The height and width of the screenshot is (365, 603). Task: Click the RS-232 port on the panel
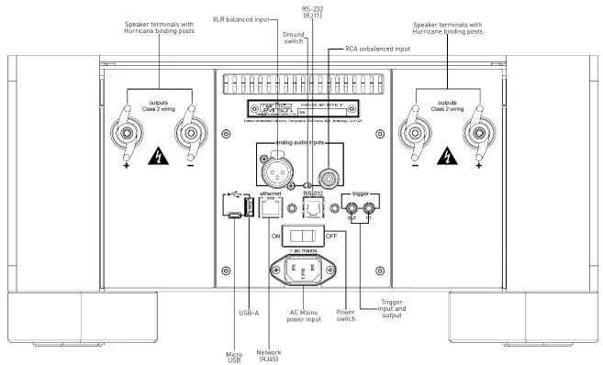[x=313, y=208]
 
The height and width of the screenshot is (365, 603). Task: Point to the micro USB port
[x=235, y=216]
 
